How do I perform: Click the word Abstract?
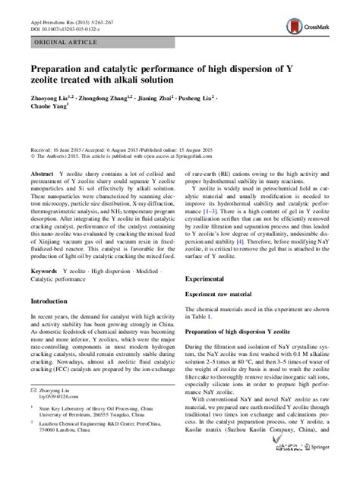click(42, 174)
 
